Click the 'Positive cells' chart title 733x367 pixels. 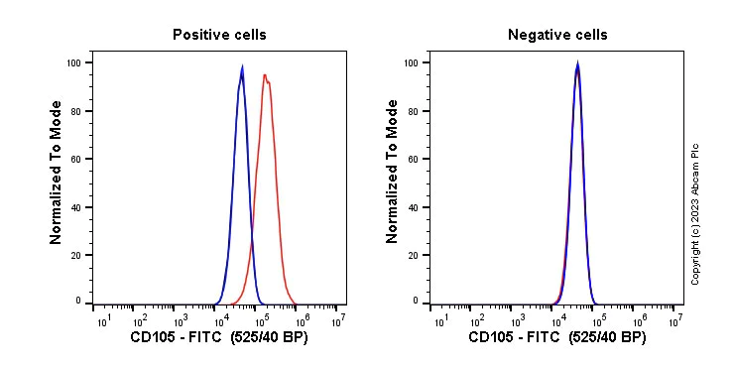click(219, 35)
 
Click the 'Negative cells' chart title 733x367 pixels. click(557, 35)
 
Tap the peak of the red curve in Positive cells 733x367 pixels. click(265, 75)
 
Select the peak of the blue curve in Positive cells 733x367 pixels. click(242, 68)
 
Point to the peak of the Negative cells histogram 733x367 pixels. click(577, 66)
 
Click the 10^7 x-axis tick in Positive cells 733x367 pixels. click(340, 319)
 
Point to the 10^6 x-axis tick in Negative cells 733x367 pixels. click(637, 319)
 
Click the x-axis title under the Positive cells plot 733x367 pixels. click(219, 338)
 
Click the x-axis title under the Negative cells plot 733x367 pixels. click(556, 338)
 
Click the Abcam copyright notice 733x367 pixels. click(695, 213)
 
